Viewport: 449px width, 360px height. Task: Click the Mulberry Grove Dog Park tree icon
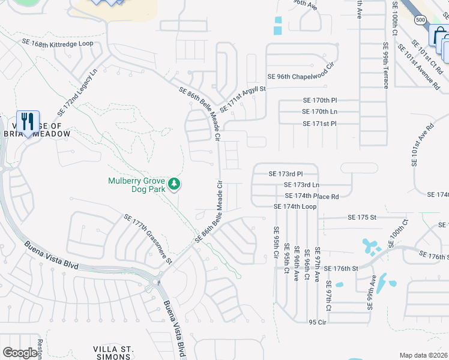point(174,183)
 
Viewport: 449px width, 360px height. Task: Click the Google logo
point(20,353)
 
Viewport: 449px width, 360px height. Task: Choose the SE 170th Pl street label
point(320,100)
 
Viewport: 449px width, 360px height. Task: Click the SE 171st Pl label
point(320,124)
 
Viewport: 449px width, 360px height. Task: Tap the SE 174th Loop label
point(295,206)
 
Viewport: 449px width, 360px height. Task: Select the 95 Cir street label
point(317,322)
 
